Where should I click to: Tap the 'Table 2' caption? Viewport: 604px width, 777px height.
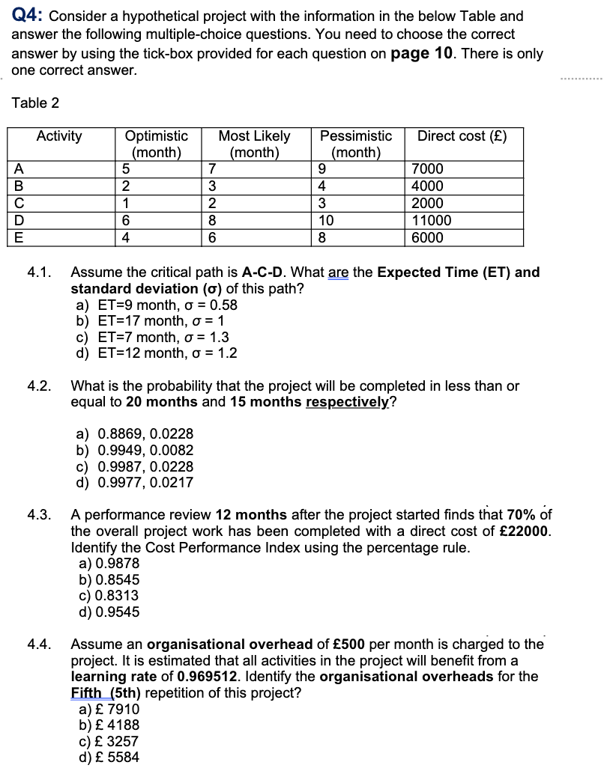(36, 103)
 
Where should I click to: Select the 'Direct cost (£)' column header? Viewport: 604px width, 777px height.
(462, 136)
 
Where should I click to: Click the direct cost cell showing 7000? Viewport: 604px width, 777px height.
(428, 169)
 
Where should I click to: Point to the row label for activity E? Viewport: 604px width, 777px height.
(16, 238)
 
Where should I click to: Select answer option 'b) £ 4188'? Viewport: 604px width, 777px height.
(109, 725)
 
